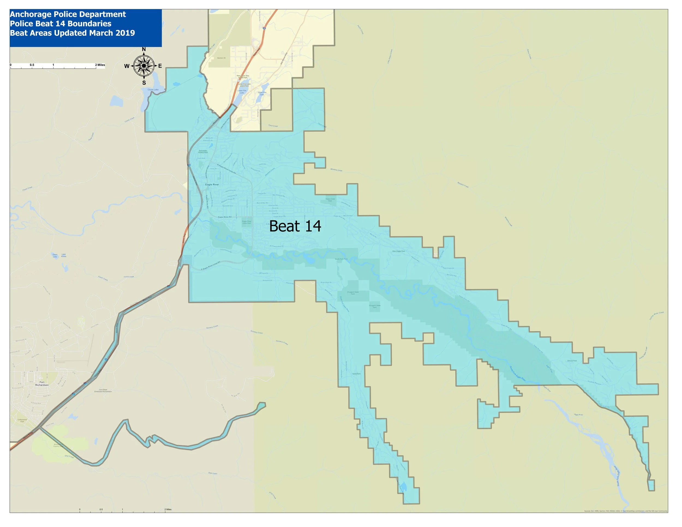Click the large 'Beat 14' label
click(295, 226)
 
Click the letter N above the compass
click(144, 49)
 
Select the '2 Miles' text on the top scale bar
click(100, 65)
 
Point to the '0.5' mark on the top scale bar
click(32, 65)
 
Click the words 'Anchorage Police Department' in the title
click(68, 14)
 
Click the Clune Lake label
click(153, 89)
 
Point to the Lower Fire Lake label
click(242, 91)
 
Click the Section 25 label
click(221, 58)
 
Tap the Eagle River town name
click(212, 184)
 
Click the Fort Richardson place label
click(42, 384)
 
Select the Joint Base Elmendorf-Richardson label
click(103, 390)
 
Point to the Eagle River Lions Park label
click(247, 222)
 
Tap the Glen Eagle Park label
click(399, 251)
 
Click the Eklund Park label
click(572, 361)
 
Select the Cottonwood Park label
click(22, 421)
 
